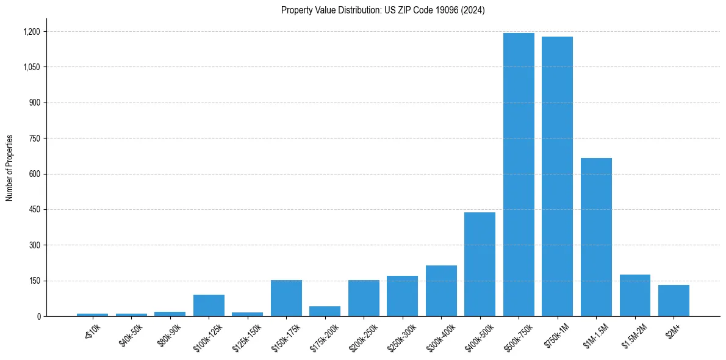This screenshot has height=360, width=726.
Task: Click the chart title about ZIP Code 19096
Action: tap(383, 10)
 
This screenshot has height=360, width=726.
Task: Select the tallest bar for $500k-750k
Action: tap(519, 175)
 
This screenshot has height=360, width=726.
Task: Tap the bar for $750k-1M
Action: tap(557, 176)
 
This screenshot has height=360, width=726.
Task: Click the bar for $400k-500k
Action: tap(480, 264)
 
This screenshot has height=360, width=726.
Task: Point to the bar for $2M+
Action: tap(674, 301)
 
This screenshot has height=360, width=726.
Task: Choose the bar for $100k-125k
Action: tap(209, 306)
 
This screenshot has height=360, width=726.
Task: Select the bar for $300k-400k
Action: tap(441, 291)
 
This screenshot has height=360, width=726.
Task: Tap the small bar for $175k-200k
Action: tap(325, 311)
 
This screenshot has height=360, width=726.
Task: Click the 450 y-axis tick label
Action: tap(35, 210)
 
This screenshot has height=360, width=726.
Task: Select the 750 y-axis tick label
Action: tap(35, 139)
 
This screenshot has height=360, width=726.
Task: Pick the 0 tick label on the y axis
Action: tap(38, 317)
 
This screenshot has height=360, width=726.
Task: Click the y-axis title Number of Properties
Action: tap(10, 168)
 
